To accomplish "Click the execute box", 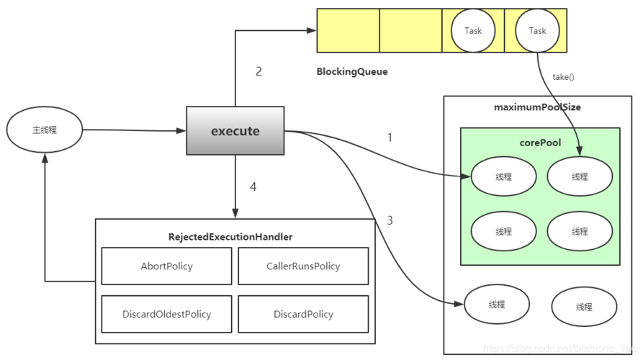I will [235, 131].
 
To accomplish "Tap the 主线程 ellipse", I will [45, 130].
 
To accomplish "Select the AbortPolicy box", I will [166, 266].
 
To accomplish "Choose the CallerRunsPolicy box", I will [303, 266].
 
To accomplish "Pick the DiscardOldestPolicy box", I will [166, 314].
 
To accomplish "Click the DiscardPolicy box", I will [303, 314].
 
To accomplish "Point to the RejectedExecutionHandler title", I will [230, 236].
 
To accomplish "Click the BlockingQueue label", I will [352, 72].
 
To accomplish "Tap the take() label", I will [564, 76].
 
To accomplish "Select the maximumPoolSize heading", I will [537, 107].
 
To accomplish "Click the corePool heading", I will [540, 143].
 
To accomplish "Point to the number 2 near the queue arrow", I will [258, 71].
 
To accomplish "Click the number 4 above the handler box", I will [253, 187].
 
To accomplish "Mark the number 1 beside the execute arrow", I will [390, 137].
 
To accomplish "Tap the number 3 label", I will [390, 220].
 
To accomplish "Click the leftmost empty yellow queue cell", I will [348, 30].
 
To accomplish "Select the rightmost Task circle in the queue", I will [537, 31].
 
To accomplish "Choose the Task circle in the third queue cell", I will [473, 31].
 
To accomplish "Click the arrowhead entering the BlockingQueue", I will [312, 30].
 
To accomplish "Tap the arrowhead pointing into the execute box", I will [181, 131].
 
